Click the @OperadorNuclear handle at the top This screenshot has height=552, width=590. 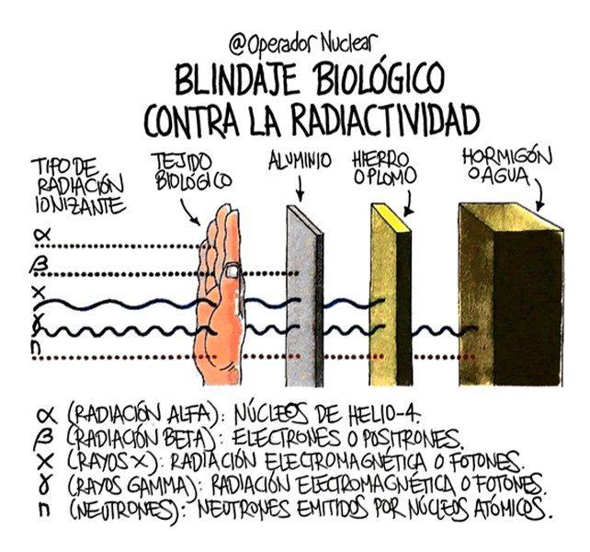[303, 44]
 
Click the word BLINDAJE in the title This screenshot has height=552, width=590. [236, 80]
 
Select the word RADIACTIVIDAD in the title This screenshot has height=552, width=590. [385, 119]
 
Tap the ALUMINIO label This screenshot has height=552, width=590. [300, 161]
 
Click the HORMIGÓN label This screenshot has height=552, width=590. [507, 156]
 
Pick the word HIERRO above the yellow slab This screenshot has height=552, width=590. [380, 159]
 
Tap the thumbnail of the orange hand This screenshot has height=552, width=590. [232, 271]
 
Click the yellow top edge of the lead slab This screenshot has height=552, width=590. [391, 216]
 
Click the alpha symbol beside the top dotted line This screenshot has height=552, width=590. [41, 236]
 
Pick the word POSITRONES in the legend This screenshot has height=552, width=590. [412, 437]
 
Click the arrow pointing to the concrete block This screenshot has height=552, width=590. [540, 195]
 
